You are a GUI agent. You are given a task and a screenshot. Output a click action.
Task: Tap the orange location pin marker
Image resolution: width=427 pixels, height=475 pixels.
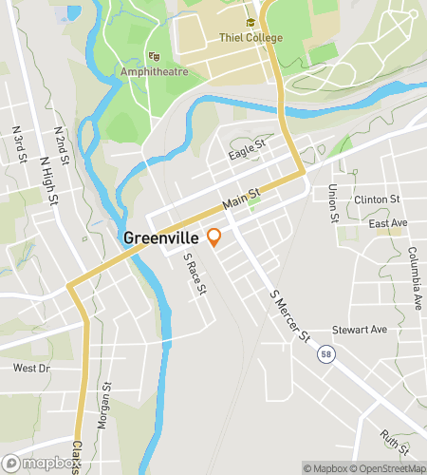pos(214,237)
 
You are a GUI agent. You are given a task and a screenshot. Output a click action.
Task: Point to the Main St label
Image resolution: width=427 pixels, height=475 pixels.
pos(241,199)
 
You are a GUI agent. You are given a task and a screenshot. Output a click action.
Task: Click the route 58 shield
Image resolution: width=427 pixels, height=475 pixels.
pos(326,353)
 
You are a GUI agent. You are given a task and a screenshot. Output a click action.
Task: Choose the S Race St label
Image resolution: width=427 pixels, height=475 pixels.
pos(195,275)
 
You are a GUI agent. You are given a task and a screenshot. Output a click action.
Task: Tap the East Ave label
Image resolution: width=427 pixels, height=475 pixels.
pos(388,222)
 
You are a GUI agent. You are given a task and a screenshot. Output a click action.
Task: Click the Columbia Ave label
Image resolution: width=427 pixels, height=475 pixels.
pos(415,277)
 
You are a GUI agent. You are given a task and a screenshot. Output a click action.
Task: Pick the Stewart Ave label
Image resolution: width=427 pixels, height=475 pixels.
pos(360,330)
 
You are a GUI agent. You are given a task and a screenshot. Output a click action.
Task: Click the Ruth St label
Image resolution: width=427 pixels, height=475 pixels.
pos(395,441)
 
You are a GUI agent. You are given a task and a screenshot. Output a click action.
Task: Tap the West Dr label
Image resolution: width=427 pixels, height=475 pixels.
pos(30,368)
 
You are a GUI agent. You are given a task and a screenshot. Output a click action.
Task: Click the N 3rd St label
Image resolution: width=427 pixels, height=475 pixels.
pos(17,141)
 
